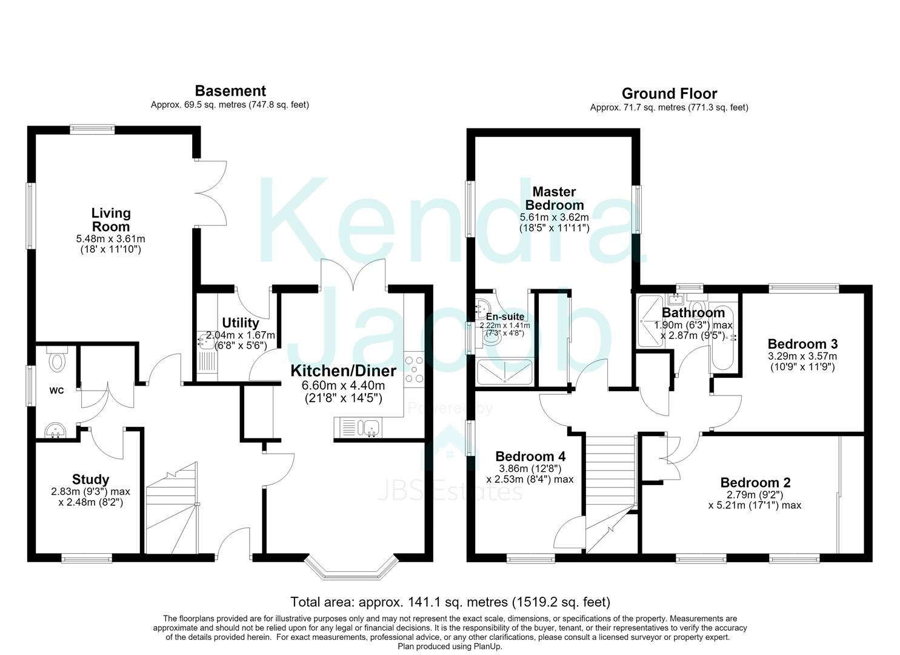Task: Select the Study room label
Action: [90, 479]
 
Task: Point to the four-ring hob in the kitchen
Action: [414, 371]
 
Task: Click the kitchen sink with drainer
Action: [357, 428]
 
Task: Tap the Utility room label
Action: [240, 323]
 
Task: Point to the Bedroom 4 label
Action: [530, 456]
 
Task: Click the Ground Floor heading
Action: [669, 93]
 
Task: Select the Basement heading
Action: [230, 91]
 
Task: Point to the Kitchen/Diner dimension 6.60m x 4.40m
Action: [343, 386]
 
